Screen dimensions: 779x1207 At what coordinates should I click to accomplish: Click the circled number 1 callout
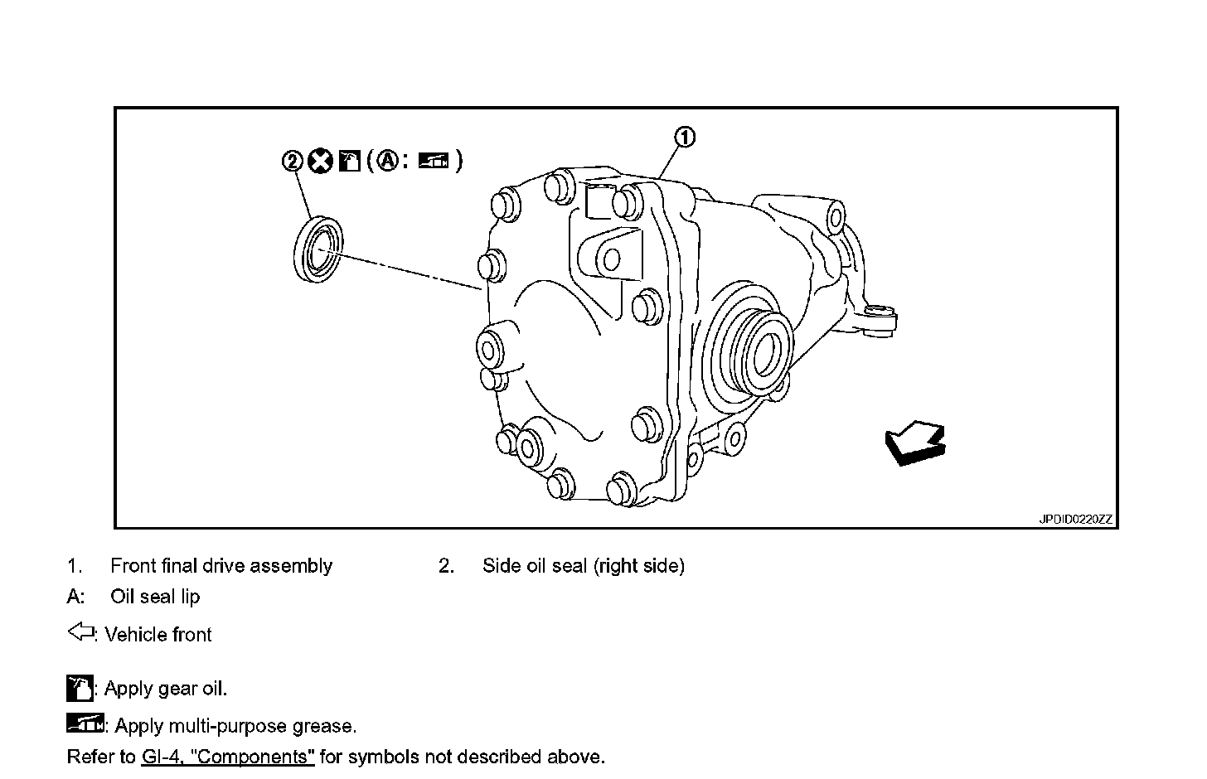pos(685,138)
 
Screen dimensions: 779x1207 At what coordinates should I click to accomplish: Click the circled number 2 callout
pos(293,161)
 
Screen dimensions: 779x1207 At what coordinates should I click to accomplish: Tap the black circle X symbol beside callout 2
pos(320,160)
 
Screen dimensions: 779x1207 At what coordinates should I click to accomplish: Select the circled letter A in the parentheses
pos(386,160)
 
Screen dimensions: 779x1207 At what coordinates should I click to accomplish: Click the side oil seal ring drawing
pos(319,247)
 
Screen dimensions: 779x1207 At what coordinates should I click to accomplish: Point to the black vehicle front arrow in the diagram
pos(914,443)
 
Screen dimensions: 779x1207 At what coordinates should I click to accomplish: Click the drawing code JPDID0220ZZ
pos(1076,520)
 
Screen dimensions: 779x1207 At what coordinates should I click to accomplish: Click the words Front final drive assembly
pos(221,566)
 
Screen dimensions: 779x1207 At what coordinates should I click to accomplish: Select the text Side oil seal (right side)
pos(583,566)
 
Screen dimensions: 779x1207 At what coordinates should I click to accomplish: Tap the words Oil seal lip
pos(155,597)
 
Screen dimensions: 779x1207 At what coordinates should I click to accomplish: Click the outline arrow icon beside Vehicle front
pos(80,633)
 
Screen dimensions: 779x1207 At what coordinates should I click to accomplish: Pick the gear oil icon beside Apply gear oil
pos(80,689)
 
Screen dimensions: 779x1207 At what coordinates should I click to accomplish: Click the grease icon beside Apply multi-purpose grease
pos(85,723)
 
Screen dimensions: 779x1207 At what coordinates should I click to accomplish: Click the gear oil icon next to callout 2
pos(350,160)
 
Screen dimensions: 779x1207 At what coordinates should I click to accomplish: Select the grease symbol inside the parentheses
pos(433,160)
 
